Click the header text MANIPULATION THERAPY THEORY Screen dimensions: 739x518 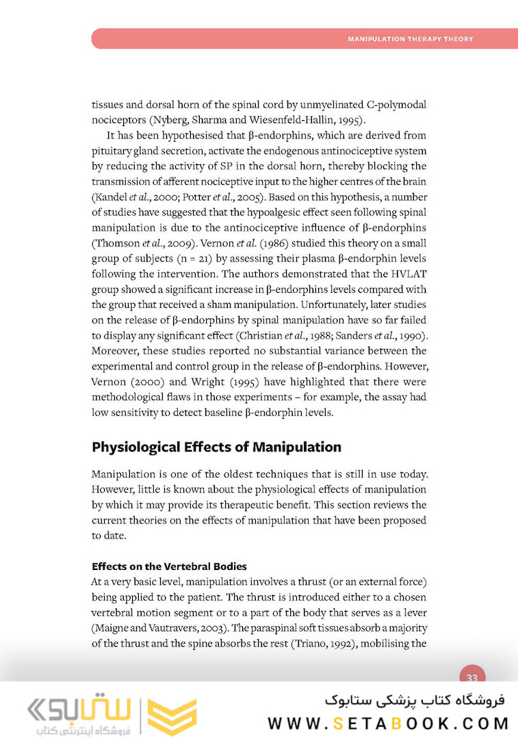410,39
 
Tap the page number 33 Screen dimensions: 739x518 471,677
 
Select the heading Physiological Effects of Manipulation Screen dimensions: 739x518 216,448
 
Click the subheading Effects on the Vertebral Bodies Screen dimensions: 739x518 169,567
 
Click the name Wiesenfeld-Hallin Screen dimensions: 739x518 313,120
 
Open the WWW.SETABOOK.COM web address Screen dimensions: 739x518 388,723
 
